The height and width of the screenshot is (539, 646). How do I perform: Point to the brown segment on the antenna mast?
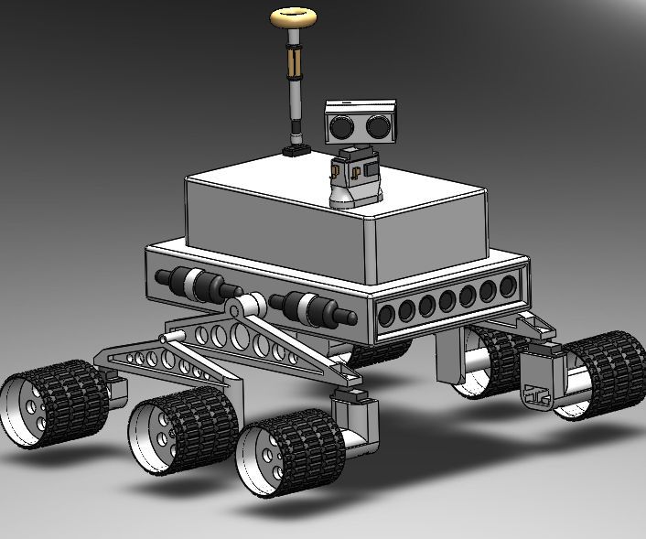[294, 62]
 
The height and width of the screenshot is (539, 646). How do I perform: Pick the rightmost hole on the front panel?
[508, 286]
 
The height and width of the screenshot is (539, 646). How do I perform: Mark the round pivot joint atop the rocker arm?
[243, 308]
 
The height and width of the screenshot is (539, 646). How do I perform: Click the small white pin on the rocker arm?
[168, 338]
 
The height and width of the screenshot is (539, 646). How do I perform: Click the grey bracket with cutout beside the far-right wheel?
[537, 390]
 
